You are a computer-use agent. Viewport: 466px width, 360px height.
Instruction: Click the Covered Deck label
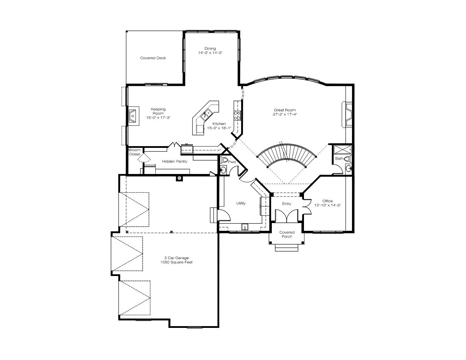coord(153,58)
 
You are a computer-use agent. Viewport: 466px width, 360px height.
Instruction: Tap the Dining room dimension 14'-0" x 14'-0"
coord(210,53)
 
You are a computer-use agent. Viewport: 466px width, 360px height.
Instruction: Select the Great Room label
coord(285,110)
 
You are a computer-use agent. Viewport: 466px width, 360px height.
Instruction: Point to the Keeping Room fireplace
coord(134,116)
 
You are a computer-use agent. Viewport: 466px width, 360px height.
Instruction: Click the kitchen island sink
coord(206,114)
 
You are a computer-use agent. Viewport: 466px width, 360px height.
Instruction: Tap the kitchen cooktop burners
coord(237,115)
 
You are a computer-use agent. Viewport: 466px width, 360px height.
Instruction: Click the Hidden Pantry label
coord(174,161)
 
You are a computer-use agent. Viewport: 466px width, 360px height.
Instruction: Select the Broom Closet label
coord(135,152)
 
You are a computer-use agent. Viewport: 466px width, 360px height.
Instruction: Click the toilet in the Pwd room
coord(224,160)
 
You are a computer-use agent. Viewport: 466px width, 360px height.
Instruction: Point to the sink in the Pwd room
coord(223,170)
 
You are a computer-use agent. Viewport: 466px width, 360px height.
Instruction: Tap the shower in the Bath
coord(343,149)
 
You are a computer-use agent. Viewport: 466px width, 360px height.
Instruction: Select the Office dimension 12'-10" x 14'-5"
coord(328,205)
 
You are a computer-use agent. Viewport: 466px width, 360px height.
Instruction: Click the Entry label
coord(287,204)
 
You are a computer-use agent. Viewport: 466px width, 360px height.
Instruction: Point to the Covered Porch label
coord(287,234)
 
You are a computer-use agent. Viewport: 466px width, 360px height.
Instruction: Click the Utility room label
coord(241,203)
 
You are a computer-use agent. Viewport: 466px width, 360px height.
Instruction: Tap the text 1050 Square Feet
coord(177,262)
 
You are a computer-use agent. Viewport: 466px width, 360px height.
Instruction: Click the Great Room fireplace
coord(347,115)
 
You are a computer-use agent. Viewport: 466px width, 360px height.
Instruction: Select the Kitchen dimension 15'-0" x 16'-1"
coord(219,128)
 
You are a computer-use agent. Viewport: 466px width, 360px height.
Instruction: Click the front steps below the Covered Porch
coord(287,248)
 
